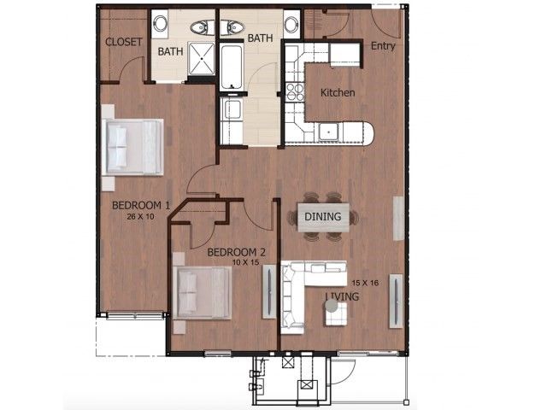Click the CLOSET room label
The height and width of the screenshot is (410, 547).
point(123,43)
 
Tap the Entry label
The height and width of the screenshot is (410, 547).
point(382,46)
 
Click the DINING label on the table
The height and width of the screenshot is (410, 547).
point(323,217)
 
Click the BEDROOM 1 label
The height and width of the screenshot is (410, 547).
point(142,205)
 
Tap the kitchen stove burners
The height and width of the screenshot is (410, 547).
point(295,89)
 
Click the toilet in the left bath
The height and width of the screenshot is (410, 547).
point(203,26)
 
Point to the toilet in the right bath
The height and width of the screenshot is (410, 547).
point(231,26)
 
